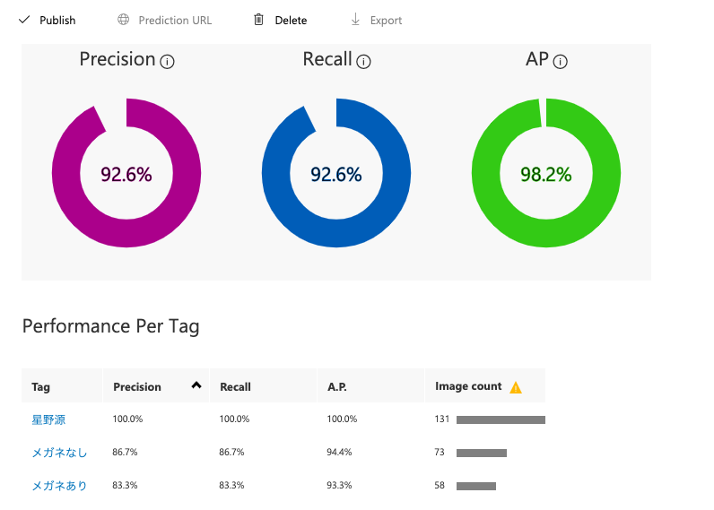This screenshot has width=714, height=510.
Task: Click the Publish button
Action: [x=48, y=20]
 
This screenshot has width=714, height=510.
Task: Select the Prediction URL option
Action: [x=165, y=20]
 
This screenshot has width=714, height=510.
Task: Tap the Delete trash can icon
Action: [x=258, y=20]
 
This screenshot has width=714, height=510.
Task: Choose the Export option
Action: [x=377, y=20]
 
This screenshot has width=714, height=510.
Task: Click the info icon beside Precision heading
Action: [x=167, y=62]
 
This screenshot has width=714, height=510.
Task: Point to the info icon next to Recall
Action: [x=363, y=62]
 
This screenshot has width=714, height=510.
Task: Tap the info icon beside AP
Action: [x=561, y=62]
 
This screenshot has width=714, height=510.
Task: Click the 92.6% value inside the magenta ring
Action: [x=126, y=175]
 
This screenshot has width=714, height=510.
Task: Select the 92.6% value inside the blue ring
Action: [x=336, y=175]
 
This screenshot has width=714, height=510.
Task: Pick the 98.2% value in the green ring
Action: [x=546, y=175]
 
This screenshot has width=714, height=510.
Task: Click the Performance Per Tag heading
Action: [x=111, y=326]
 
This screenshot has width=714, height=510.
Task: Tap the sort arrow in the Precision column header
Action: [x=196, y=385]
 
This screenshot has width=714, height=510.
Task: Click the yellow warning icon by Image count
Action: [x=515, y=387]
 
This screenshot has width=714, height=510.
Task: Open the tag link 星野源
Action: [x=48, y=419]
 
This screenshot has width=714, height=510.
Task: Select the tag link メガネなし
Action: [x=59, y=453]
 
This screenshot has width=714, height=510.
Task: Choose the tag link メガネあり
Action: [x=59, y=486]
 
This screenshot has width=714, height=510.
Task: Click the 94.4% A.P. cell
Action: [x=339, y=453]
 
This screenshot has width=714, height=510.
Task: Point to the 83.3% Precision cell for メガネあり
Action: [x=126, y=486]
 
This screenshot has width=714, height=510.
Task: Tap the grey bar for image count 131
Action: [x=501, y=419]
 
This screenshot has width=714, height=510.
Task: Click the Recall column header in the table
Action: [x=235, y=387]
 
